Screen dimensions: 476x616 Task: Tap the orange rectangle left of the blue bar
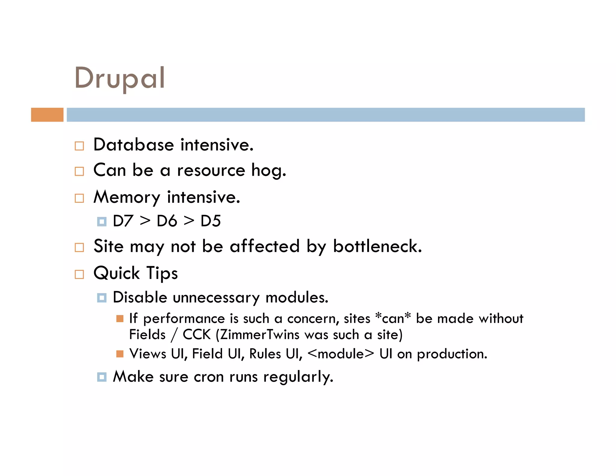click(47, 115)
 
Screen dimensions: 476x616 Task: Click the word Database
click(134, 145)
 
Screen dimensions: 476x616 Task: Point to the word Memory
click(127, 198)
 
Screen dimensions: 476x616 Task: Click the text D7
click(123, 221)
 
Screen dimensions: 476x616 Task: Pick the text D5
click(211, 221)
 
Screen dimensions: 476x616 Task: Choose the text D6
click(167, 221)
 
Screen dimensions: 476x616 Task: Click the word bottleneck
click(377, 246)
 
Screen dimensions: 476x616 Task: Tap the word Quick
click(117, 274)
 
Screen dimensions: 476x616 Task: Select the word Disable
click(140, 298)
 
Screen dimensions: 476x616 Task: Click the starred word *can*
click(393, 318)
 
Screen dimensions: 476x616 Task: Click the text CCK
click(197, 335)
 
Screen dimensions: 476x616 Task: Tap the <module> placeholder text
click(341, 354)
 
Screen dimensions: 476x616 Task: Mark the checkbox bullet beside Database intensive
click(79, 146)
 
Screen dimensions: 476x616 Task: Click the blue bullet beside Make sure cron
click(102, 377)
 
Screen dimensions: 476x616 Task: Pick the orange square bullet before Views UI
click(120, 354)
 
